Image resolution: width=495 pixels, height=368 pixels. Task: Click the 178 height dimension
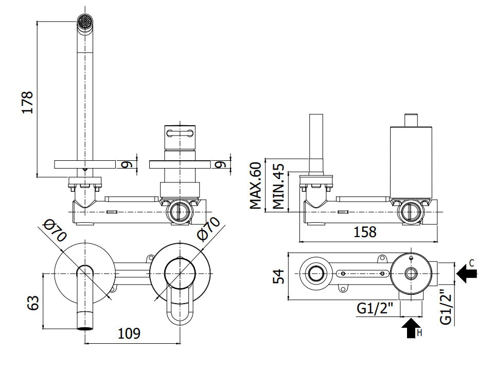tap(28, 103)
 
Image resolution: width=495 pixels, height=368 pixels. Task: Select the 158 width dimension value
tap(365, 232)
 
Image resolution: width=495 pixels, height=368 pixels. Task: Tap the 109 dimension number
tap(129, 333)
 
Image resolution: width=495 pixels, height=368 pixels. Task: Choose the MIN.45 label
tap(278, 186)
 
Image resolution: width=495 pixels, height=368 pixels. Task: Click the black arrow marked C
tap(466, 274)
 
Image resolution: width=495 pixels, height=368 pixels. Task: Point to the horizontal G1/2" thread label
tap(375, 309)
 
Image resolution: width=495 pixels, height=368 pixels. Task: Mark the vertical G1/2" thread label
tap(446, 306)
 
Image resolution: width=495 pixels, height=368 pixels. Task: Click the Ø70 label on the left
tap(55, 231)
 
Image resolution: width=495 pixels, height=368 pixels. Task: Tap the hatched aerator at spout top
tap(84, 22)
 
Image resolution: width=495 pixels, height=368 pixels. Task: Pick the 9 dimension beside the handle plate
tap(220, 164)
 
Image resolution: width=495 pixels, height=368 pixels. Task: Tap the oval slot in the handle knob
tap(180, 133)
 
